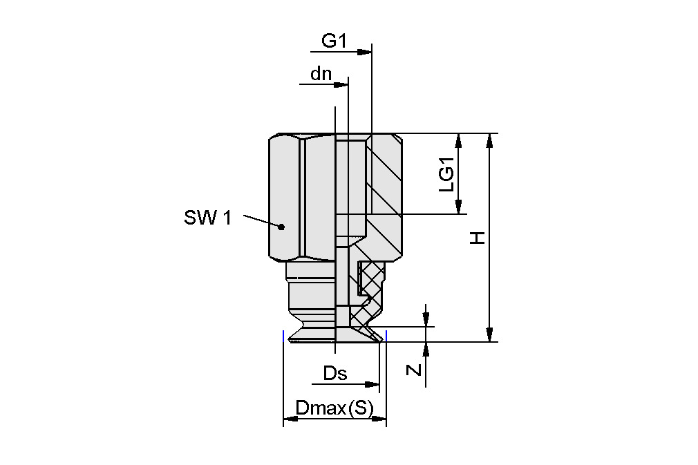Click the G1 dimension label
click(x=334, y=41)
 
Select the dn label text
click(x=321, y=74)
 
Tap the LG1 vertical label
click(x=447, y=175)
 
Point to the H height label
click(x=478, y=238)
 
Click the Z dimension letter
click(x=413, y=370)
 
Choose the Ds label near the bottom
click(x=335, y=374)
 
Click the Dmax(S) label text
click(x=334, y=408)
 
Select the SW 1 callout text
click(x=207, y=218)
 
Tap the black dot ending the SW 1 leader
click(x=281, y=226)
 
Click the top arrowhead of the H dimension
click(x=489, y=140)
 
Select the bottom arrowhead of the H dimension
click(x=489, y=334)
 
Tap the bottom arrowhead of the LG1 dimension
click(x=458, y=207)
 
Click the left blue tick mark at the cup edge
click(x=283, y=336)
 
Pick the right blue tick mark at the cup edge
click(x=386, y=336)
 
